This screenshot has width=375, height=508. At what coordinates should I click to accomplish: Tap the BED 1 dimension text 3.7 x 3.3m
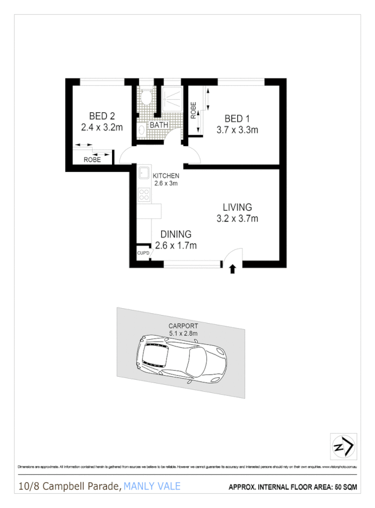click(x=237, y=130)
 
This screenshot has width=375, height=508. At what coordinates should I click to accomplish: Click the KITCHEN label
click(x=166, y=176)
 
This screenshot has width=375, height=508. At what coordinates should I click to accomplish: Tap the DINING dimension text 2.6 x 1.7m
click(x=176, y=246)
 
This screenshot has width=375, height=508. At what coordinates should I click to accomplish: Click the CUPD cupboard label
click(x=143, y=253)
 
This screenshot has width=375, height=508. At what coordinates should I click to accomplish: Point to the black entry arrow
click(x=232, y=269)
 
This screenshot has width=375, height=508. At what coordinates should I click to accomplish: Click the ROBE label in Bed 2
click(x=92, y=160)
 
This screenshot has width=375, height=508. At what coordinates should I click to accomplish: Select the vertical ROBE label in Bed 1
click(x=194, y=110)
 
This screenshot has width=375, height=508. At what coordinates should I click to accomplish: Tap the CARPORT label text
click(x=183, y=326)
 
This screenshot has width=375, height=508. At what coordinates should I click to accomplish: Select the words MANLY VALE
click(x=153, y=486)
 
